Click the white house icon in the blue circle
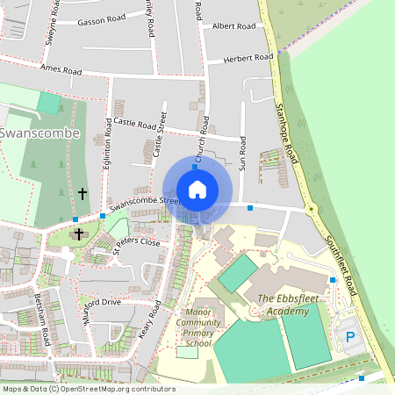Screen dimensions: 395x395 coord(197,189)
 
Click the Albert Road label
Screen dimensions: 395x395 coord(233,26)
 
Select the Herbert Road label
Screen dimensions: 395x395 coord(248,58)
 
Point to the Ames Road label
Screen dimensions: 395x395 coord(60,69)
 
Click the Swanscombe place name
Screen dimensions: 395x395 coord(40,133)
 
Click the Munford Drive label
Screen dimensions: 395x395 coord(99,303)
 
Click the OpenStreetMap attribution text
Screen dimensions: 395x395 coord(88,389)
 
